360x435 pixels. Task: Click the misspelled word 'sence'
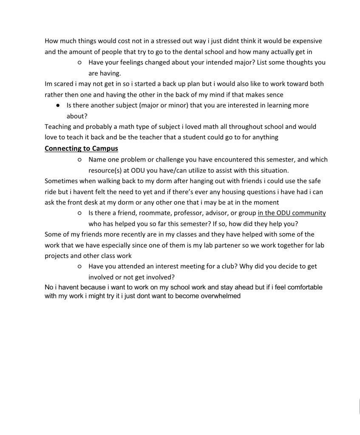(275, 94)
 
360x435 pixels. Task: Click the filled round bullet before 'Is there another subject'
(57, 105)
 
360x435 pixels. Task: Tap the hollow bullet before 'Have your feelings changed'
(79, 63)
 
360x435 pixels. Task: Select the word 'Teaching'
(59, 127)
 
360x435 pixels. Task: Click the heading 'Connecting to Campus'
(81, 148)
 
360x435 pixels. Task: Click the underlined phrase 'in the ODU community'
(292, 213)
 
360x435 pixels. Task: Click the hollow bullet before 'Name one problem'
(79, 160)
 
